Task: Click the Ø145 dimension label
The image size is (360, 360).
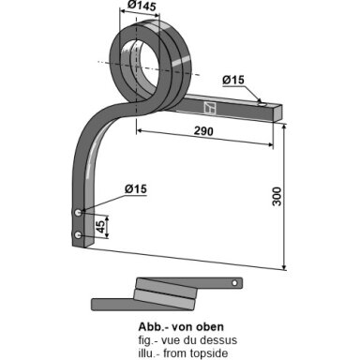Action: coord(142,6)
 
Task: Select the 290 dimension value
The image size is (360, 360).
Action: coord(203,131)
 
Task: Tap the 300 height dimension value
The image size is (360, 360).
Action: coord(277,197)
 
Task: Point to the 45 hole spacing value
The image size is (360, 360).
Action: coord(100,227)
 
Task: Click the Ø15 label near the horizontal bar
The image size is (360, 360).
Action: coord(233,80)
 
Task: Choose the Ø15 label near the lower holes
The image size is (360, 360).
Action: coord(136,189)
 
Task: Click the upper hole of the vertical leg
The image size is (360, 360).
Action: coord(78,213)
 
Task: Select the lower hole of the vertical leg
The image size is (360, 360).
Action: coord(78,235)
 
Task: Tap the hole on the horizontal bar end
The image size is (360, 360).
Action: coord(262,104)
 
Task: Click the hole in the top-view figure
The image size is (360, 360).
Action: coord(234,283)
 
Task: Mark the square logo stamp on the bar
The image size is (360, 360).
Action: coord(210,108)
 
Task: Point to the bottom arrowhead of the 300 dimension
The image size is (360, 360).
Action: coord(284,266)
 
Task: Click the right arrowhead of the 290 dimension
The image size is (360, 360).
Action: coord(270,144)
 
